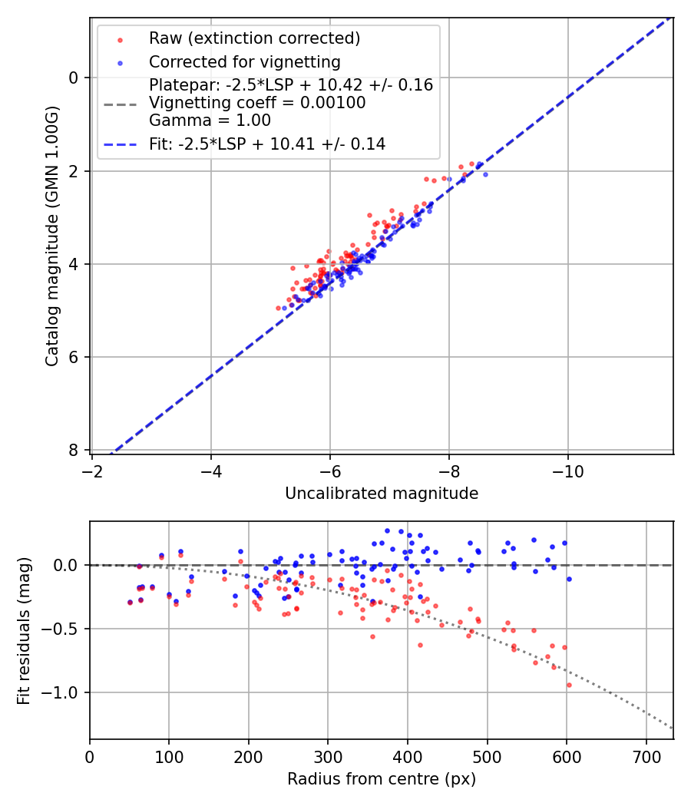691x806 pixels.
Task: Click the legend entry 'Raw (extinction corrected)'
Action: tap(254, 38)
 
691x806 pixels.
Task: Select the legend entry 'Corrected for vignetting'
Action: tap(244, 61)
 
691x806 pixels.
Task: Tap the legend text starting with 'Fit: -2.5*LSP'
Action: tap(267, 144)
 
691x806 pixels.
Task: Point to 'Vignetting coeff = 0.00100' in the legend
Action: tap(257, 103)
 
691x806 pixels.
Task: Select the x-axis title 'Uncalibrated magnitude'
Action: tap(382, 494)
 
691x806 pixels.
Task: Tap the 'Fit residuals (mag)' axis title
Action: tap(24, 630)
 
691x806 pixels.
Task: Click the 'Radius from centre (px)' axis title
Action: tap(382, 779)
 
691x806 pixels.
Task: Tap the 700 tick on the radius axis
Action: tap(646, 755)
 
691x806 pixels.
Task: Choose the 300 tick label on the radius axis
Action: tap(328, 755)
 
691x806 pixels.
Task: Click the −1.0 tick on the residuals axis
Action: tap(64, 693)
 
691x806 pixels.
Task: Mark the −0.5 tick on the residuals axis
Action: tap(64, 629)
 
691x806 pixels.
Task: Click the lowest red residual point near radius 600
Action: tap(569, 685)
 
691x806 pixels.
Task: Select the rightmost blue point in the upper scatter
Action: tap(485, 175)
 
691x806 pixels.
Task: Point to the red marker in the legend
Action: tap(120, 38)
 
